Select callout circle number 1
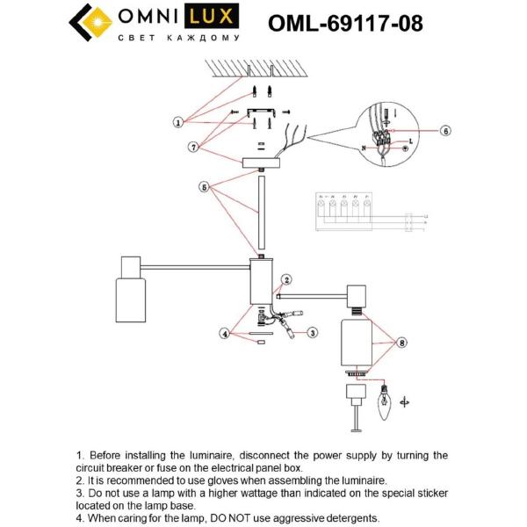[177, 122]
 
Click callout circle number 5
[205, 186]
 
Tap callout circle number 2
[285, 280]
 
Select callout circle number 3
[312, 333]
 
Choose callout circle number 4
[224, 333]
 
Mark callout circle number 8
[402, 343]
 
